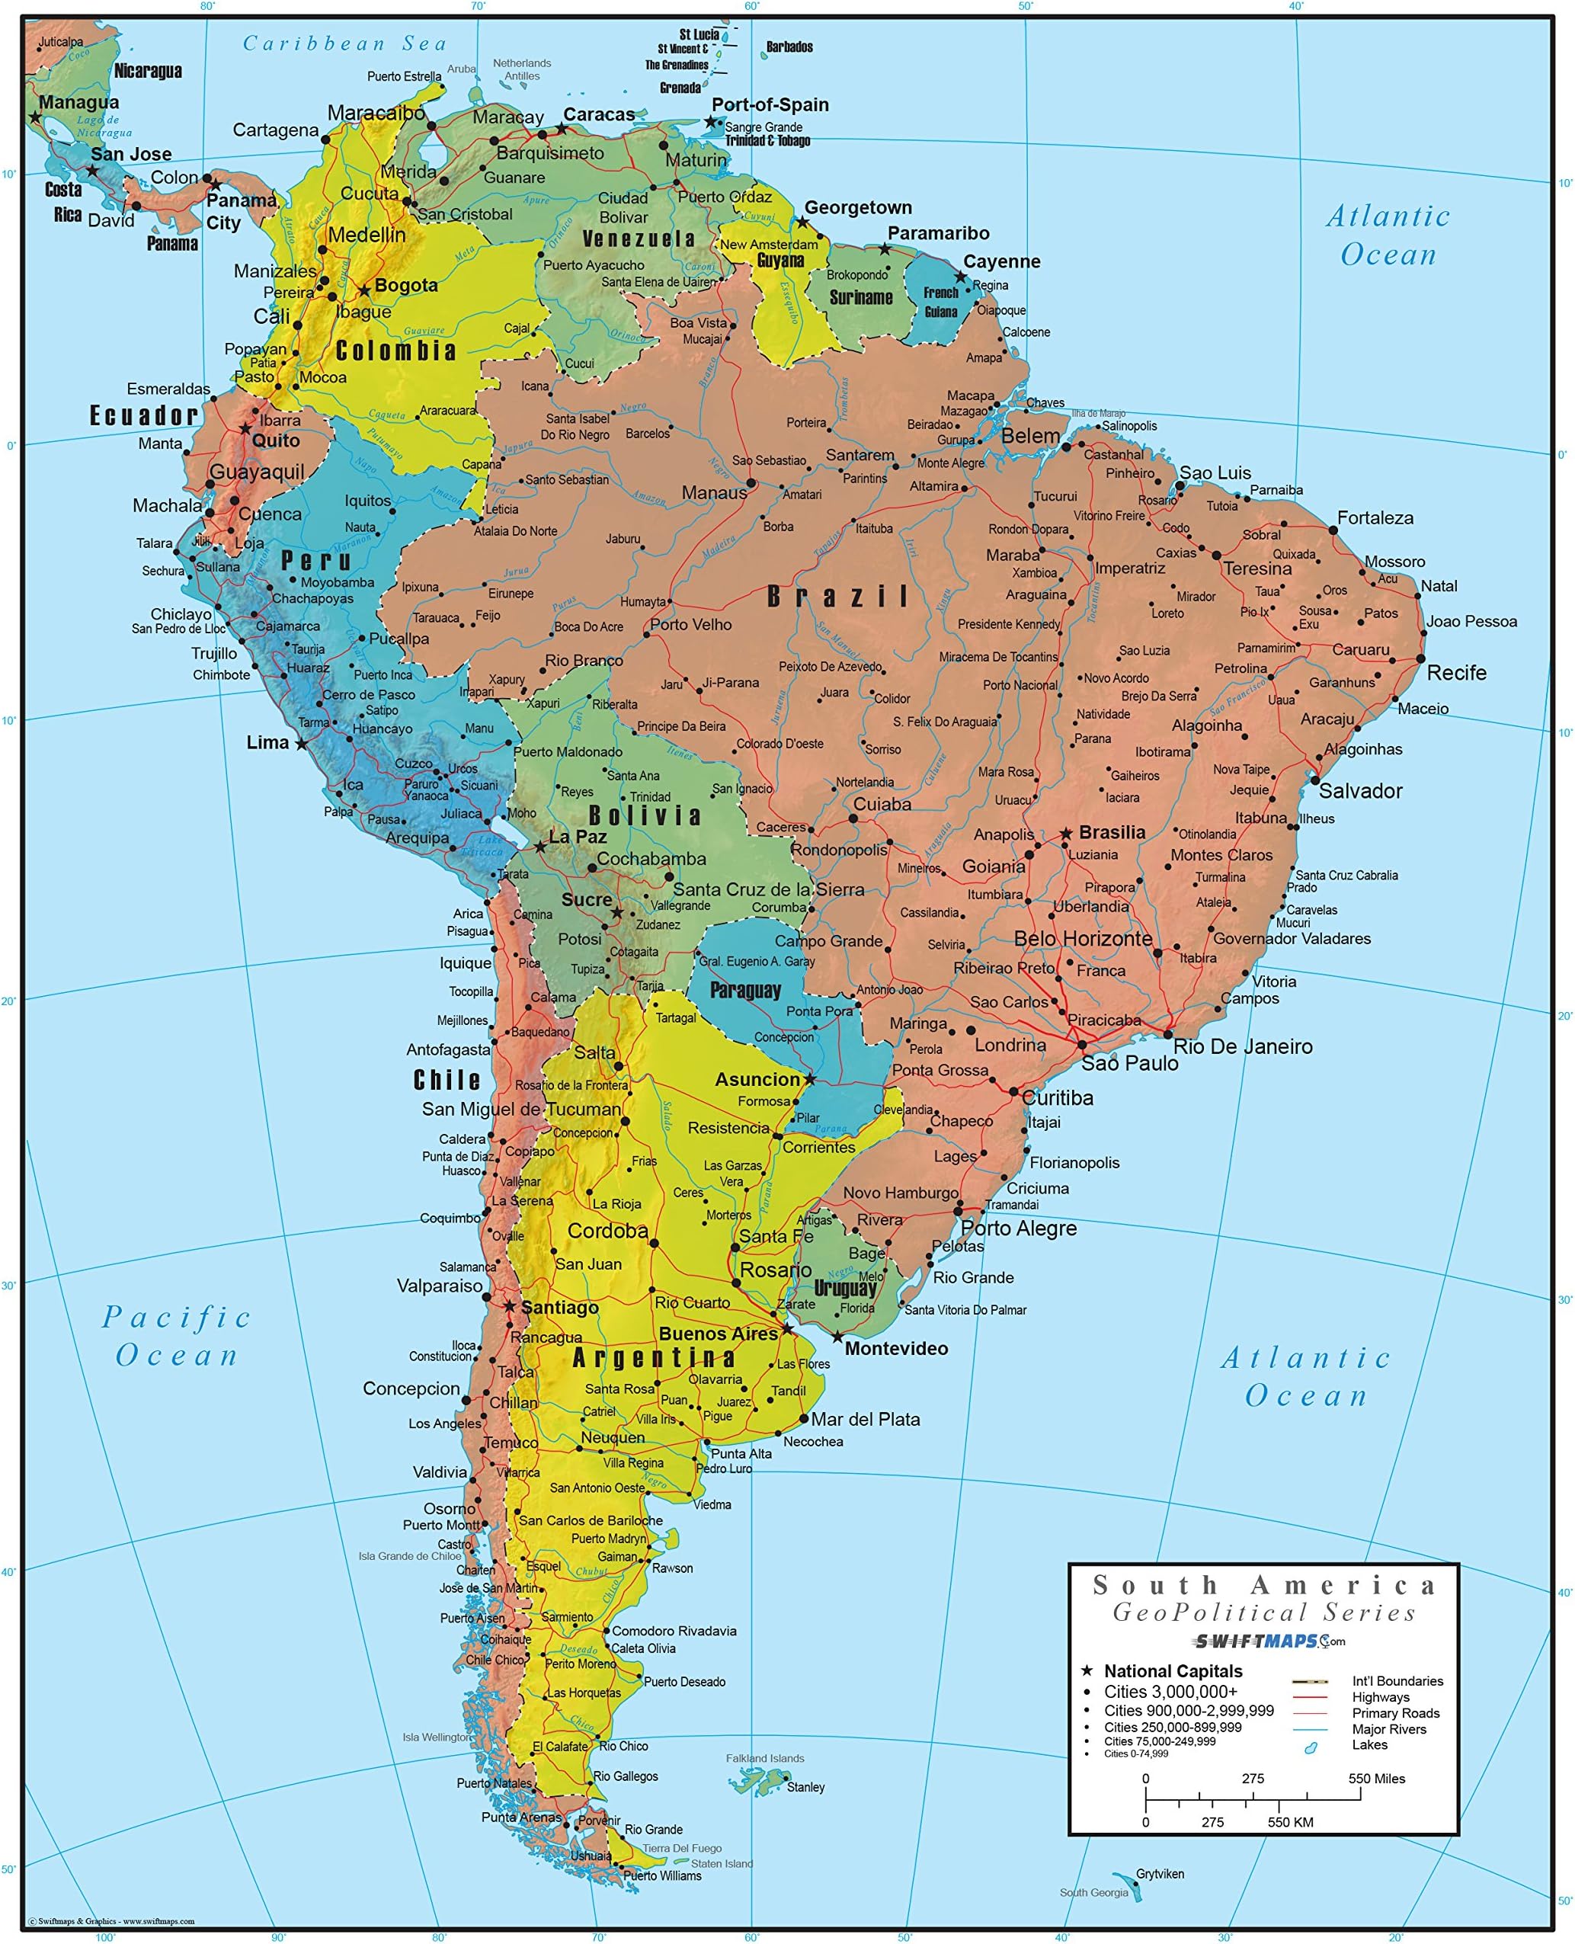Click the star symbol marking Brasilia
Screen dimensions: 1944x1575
tap(1066, 833)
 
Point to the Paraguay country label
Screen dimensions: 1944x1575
tap(745, 990)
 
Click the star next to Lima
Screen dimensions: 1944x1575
tap(301, 744)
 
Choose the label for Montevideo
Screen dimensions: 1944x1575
tap(895, 1349)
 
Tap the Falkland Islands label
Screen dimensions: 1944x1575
tap(765, 1758)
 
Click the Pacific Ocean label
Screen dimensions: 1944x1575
tap(176, 1336)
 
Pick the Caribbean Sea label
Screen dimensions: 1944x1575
tap(344, 43)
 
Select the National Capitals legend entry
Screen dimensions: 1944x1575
tap(1172, 1671)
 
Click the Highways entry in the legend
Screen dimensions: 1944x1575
tap(1380, 1697)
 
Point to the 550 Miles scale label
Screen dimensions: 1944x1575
tap(1375, 1779)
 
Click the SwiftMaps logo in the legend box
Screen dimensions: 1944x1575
tap(1269, 1641)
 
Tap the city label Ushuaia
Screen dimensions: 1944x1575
tap(591, 1856)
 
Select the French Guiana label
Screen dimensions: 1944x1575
tap(941, 302)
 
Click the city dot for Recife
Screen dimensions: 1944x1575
tap(1421, 659)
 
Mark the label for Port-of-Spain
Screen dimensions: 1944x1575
tap(770, 105)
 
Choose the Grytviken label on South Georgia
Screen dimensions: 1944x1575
tap(1160, 1874)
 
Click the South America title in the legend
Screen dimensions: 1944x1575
tap(1265, 1586)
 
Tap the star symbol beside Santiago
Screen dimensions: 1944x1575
tap(510, 1306)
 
